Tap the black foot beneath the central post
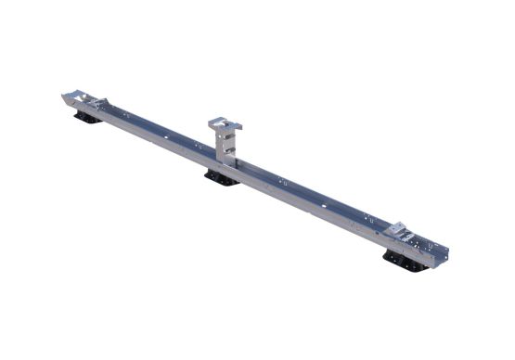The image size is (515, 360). tap(222, 176)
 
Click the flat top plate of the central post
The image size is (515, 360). tap(225, 122)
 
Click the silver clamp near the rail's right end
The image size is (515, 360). tap(401, 232)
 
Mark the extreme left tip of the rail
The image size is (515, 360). tap(64, 96)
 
